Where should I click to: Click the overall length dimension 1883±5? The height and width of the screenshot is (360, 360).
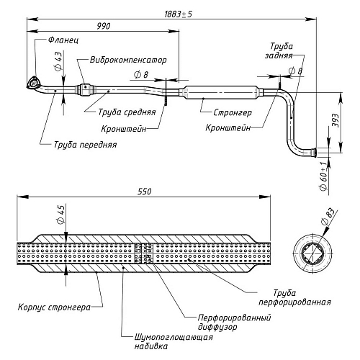click(x=178, y=14)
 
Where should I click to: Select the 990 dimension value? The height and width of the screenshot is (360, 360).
click(x=104, y=26)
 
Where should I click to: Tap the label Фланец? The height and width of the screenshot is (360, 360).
click(x=63, y=40)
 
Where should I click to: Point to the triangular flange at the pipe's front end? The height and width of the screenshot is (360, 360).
click(x=33, y=83)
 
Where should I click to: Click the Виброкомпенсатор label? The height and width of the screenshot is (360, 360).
click(x=128, y=60)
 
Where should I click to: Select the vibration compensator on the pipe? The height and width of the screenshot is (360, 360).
click(x=85, y=90)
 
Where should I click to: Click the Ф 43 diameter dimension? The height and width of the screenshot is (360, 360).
click(x=58, y=61)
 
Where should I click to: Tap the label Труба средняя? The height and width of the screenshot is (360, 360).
click(x=127, y=112)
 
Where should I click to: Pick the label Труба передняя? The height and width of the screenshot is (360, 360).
click(x=85, y=145)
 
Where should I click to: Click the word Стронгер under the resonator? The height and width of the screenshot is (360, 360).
click(x=233, y=112)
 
